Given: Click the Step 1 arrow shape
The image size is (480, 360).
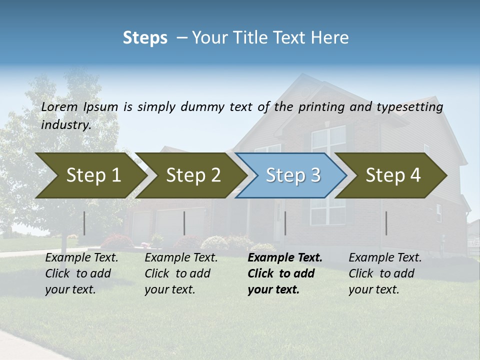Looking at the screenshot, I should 90,175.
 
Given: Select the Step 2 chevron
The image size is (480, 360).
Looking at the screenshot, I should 191,175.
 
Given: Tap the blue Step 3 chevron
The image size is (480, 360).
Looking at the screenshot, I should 292,175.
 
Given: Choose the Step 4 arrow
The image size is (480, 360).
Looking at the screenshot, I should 392,175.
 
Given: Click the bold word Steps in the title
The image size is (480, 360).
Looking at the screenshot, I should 145,38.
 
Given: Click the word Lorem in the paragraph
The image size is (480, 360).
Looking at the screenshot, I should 59,106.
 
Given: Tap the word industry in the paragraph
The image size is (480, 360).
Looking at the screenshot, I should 65,124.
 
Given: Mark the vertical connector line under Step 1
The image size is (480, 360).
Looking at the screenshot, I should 84,223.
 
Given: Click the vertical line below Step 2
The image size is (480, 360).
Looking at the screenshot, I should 184,223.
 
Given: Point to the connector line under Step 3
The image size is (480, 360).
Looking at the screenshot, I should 285,223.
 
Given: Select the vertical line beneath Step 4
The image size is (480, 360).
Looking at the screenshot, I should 386,223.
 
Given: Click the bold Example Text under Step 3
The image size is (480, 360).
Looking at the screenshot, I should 285,258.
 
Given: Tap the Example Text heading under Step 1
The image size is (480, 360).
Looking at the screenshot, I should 81,258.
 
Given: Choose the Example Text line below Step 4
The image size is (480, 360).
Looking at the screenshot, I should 385,258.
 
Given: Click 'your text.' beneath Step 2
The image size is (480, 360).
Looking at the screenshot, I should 169,289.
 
